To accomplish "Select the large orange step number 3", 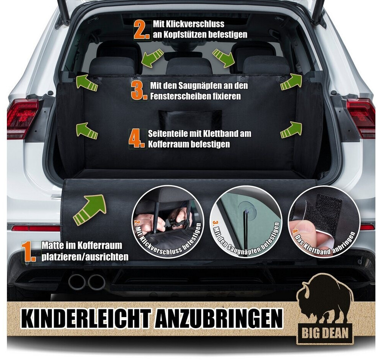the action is pos(139,90).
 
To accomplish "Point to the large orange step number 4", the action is pos(137,138).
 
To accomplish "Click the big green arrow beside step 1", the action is pos(89,210).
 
